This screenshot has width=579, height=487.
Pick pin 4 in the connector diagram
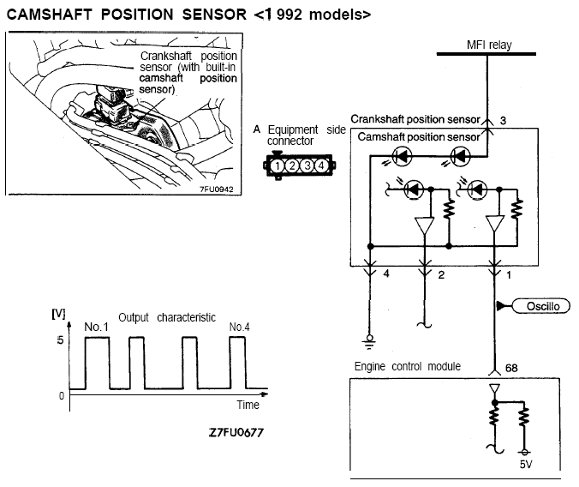tap(320, 165)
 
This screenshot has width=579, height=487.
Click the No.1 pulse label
tap(96, 327)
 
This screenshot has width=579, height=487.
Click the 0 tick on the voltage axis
tap(60, 395)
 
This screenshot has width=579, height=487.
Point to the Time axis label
tap(248, 405)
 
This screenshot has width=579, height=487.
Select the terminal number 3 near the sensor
tap(504, 121)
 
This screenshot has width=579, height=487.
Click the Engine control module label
tap(408, 367)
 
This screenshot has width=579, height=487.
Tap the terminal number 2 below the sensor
tap(441, 275)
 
